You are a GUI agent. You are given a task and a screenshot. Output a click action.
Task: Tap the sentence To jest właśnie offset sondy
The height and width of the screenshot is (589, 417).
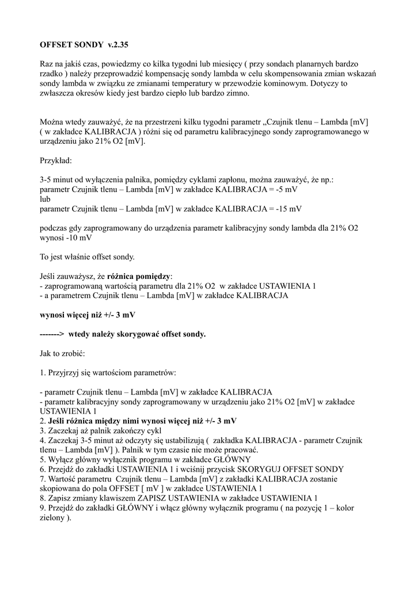pos(86,257)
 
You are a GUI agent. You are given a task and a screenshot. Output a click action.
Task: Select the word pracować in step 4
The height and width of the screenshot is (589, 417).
pos(238,449)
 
